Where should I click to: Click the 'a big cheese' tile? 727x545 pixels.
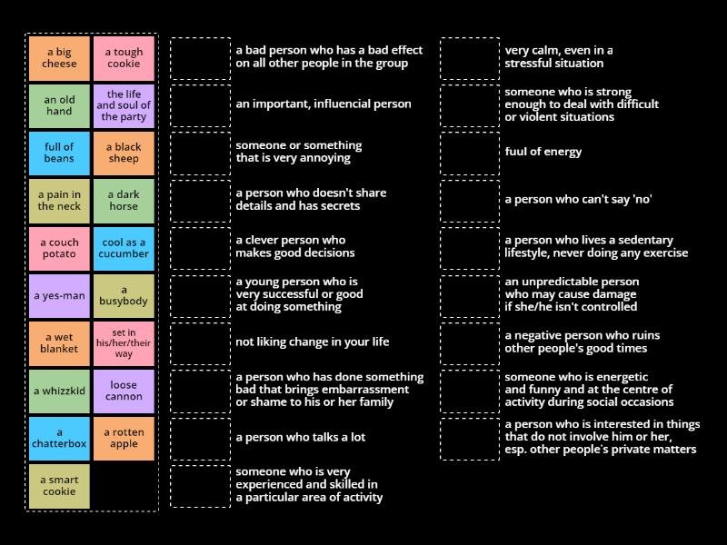[59, 58]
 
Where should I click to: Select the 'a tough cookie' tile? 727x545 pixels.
[124, 58]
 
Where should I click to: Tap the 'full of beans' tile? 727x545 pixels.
[59, 153]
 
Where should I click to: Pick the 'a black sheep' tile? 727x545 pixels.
[124, 153]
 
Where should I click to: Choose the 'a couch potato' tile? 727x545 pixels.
[59, 248]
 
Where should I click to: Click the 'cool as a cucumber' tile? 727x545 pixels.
[124, 248]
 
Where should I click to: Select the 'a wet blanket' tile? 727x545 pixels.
[59, 342]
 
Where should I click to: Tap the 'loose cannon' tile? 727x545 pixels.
[124, 391]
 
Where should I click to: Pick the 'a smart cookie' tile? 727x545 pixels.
[59, 485]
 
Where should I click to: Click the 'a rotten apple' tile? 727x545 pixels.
[124, 438]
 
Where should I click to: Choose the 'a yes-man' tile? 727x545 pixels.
[59, 295]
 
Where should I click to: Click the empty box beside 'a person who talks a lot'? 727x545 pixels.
[200, 438]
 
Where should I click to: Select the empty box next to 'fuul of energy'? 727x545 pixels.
[470, 153]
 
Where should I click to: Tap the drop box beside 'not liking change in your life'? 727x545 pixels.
[200, 342]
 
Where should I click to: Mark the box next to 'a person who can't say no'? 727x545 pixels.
[470, 200]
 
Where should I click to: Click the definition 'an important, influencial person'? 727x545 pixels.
[323, 104]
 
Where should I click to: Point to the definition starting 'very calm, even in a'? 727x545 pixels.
[559, 57]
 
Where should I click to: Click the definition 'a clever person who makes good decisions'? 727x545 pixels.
[294, 247]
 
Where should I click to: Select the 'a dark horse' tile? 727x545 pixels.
[124, 200]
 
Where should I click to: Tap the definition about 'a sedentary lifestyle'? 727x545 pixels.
[595, 247]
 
